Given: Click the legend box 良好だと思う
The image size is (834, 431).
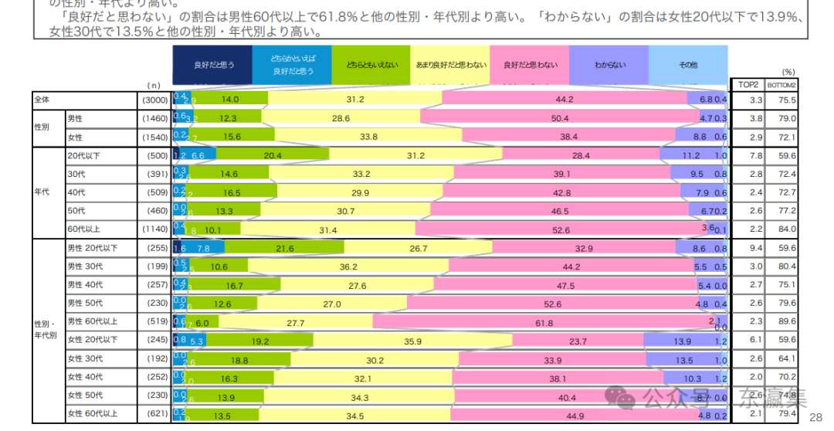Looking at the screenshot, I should pos(213,66).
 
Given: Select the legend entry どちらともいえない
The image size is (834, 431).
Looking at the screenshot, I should pos(372,66).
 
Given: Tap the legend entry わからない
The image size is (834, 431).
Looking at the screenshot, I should pos(609,66).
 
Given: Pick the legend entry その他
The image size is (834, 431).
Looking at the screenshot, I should pos(688,66).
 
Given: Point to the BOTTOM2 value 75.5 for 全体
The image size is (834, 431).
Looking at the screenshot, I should pos(786,100).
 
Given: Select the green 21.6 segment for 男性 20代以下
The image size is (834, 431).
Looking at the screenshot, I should pos(284,248).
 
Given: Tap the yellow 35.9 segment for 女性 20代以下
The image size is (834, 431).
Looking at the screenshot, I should pos(412,341).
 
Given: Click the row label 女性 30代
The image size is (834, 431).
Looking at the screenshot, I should pos(85,358).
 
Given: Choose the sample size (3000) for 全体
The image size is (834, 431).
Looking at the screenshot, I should pos(154,100).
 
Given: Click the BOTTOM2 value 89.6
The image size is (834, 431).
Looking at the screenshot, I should pos(786,322).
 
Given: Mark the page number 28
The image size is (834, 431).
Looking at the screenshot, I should pos(815,418).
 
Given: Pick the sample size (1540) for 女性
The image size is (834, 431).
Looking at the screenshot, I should pos(154,137).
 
